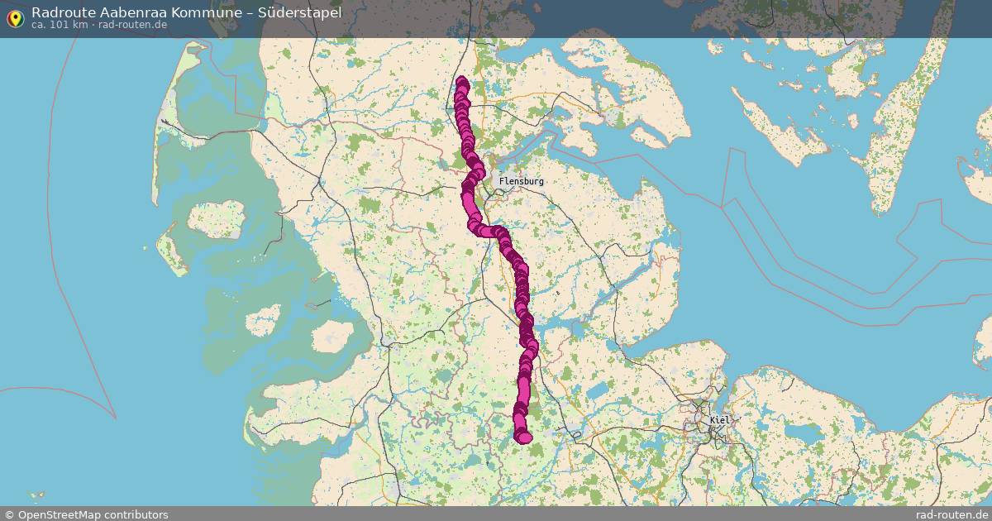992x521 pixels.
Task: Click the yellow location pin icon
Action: (15, 18)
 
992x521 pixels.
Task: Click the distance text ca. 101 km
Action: (60, 25)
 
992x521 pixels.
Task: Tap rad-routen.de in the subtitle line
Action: (132, 25)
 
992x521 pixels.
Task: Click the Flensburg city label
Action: (522, 181)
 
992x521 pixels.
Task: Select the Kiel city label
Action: (719, 420)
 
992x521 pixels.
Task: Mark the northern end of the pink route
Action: (462, 82)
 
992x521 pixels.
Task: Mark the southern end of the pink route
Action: (522, 437)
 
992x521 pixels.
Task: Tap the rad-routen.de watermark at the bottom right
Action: (951, 514)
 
